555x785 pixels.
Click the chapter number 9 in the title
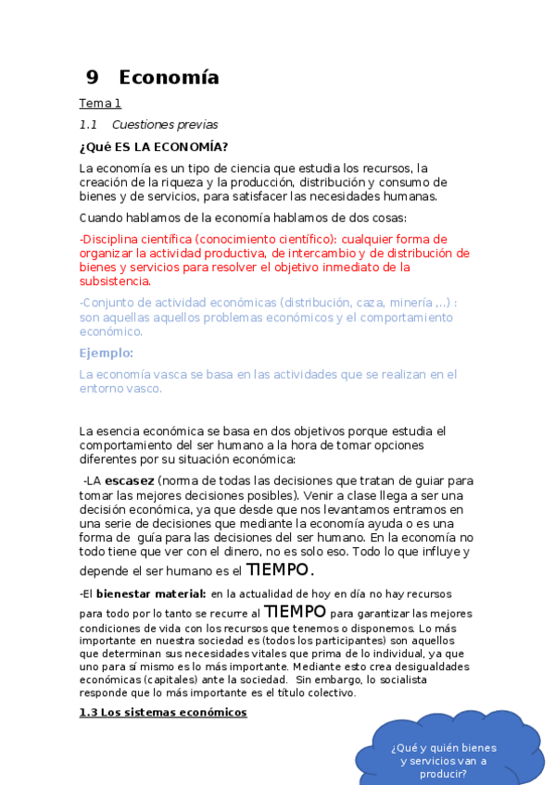tap(92, 78)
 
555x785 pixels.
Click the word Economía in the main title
tap(169, 78)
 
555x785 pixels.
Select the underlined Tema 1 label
tap(100, 104)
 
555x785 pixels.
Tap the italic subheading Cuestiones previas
tap(165, 125)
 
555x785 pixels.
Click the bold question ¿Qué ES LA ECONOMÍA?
tap(154, 146)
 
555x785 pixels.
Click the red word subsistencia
tap(114, 281)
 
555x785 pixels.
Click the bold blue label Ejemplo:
tap(107, 353)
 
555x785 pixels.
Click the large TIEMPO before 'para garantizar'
tap(295, 612)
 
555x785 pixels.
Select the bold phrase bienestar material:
tap(151, 592)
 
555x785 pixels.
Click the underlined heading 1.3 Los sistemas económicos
tap(163, 712)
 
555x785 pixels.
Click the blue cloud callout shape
tap(442, 750)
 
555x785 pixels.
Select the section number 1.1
tap(89, 125)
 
